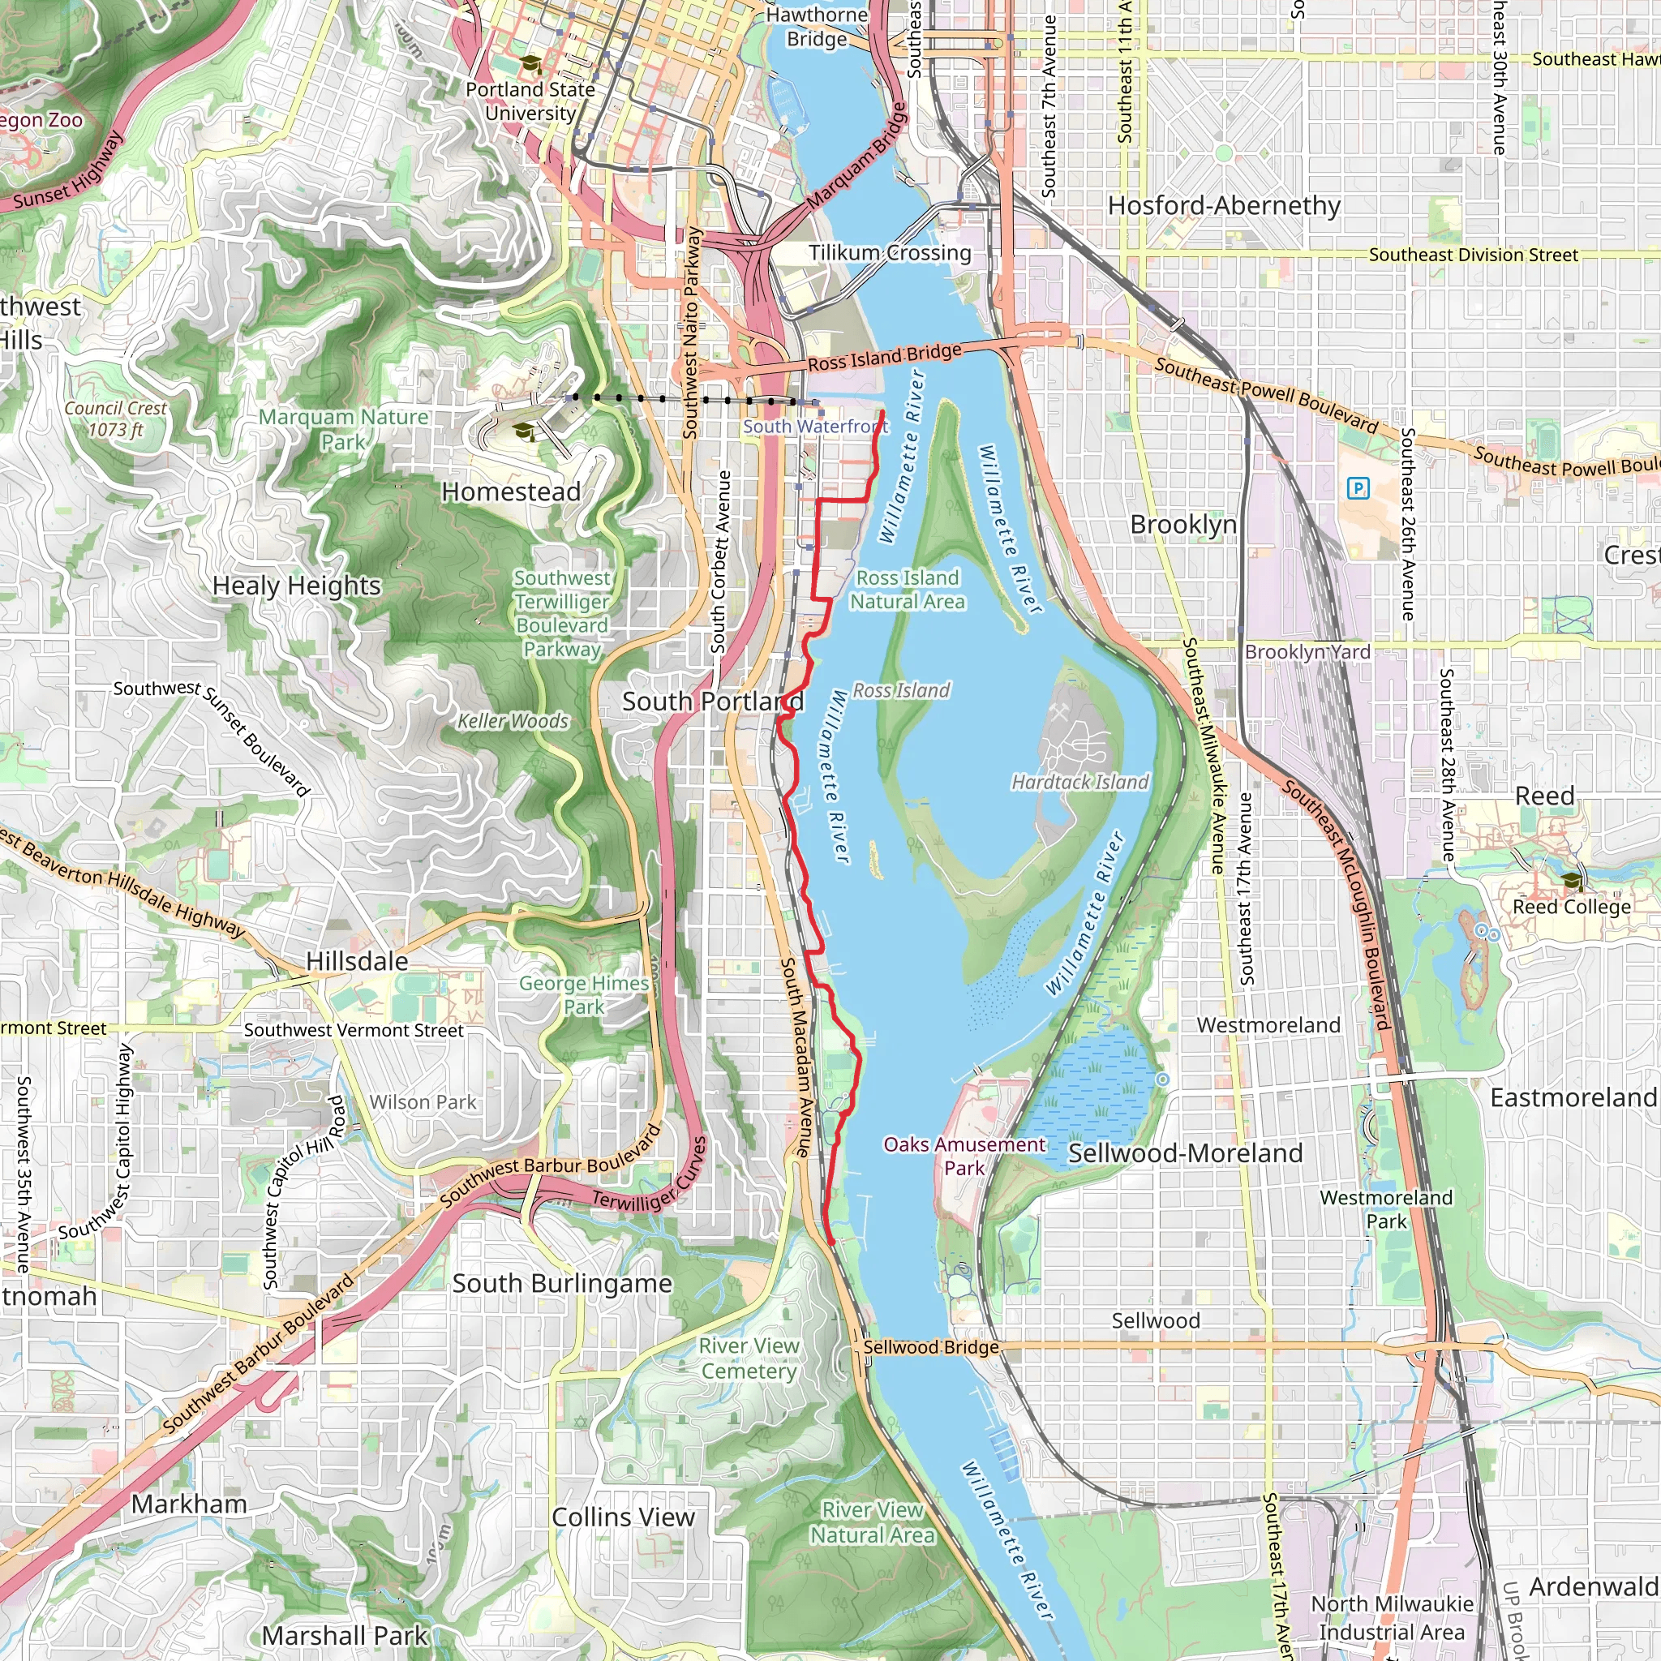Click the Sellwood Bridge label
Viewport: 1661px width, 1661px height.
[x=930, y=1347]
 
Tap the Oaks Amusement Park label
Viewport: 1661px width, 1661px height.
[x=964, y=1156]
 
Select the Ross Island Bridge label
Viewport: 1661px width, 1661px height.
[x=884, y=357]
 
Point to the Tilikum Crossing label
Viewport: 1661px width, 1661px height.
[x=889, y=253]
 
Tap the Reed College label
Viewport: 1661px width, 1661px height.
[x=1571, y=907]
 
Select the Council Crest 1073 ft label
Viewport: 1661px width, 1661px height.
[x=115, y=418]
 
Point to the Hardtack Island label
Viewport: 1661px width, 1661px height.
[x=1079, y=782]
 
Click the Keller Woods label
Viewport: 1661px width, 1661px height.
[x=513, y=720]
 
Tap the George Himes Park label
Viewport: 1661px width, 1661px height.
[x=584, y=994]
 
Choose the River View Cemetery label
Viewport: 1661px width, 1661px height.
[x=749, y=1358]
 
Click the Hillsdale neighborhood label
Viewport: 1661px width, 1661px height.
[x=357, y=961]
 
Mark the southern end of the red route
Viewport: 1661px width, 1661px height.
[x=831, y=1242]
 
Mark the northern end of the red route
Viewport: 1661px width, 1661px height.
[x=882, y=413]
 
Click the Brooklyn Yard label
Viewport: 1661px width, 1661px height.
[x=1307, y=652]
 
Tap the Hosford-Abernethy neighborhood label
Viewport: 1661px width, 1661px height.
[x=1223, y=205]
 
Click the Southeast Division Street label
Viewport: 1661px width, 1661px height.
[x=1473, y=255]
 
